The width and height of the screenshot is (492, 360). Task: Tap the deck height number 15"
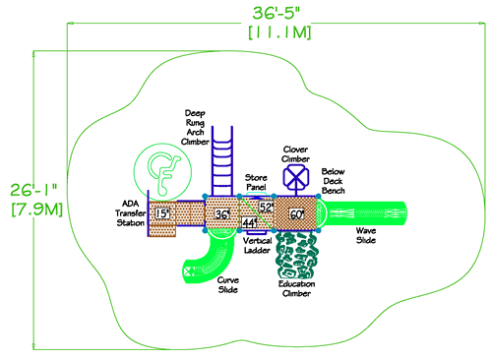(162, 212)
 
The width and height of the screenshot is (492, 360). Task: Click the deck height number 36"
(223, 212)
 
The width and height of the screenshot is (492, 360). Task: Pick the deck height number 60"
(296, 212)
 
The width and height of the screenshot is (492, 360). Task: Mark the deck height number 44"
(249, 223)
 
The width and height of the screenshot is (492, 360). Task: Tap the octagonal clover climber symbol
(296, 177)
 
